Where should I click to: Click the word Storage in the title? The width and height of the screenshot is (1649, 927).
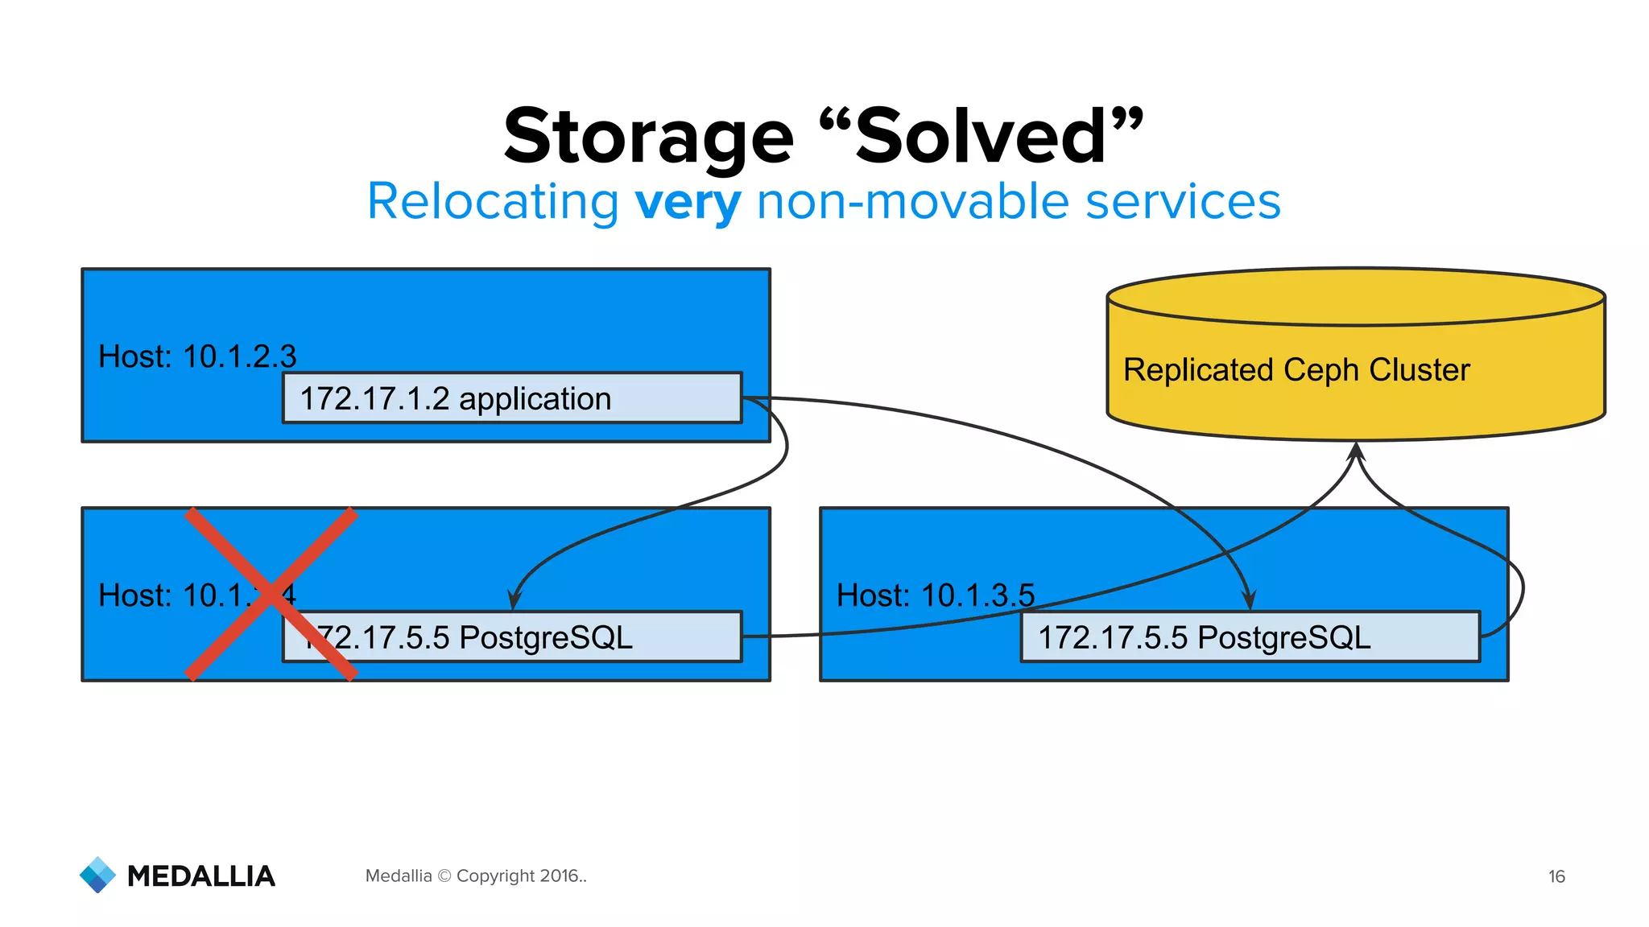point(648,137)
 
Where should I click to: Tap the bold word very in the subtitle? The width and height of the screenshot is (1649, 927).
point(687,202)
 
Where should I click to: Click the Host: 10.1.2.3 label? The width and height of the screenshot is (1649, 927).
point(197,356)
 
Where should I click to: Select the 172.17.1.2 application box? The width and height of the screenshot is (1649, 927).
point(511,398)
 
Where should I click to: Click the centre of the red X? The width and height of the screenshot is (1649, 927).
point(271,594)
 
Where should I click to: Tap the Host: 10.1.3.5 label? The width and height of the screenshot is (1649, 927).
point(935,595)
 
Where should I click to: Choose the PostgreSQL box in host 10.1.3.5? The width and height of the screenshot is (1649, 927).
point(1250,637)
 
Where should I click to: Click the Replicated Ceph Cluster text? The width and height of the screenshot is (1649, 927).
point(1296,370)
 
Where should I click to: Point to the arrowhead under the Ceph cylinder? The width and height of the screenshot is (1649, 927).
point(1356,451)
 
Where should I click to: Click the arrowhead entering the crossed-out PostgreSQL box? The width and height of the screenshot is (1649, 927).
point(515,601)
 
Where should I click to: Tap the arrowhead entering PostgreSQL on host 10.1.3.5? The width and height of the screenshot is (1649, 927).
point(1249,601)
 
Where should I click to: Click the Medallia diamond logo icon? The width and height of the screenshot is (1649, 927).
point(98,875)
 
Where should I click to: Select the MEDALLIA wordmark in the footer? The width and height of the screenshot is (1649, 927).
point(201,876)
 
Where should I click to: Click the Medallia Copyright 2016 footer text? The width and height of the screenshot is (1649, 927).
point(476,875)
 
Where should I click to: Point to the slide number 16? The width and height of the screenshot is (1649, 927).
point(1556,876)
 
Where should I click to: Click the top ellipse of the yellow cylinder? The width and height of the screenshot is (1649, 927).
point(1356,297)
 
